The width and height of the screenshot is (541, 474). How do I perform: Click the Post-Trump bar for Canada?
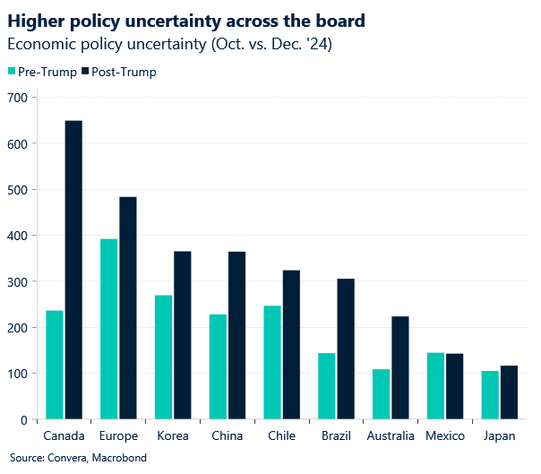(x=73, y=270)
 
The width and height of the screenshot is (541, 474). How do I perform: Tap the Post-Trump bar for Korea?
(x=183, y=335)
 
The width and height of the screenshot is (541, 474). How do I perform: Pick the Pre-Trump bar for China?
(x=219, y=366)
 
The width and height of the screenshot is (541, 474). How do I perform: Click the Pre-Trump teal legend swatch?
(x=12, y=72)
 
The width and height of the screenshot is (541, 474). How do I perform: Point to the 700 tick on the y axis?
(x=19, y=97)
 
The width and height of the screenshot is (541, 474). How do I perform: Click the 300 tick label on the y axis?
(x=19, y=281)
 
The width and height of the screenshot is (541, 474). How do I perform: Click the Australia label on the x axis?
(x=391, y=436)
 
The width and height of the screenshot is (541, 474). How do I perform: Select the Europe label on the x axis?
(x=118, y=436)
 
